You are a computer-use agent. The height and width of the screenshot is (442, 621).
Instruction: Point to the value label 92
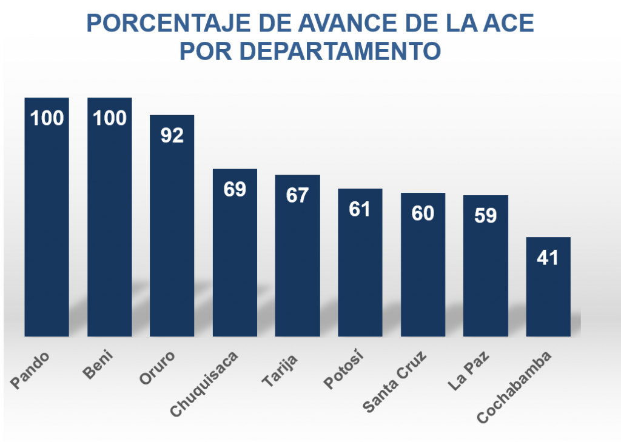pyautogui.click(x=172, y=135)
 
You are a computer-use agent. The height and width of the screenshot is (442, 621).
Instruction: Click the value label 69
pyautogui.click(x=235, y=189)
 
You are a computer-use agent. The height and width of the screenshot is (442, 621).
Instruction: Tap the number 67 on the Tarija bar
pyautogui.click(x=297, y=195)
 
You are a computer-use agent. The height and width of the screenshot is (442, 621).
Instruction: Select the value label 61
pyautogui.click(x=360, y=209)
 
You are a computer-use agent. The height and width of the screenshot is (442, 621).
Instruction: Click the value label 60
pyautogui.click(x=423, y=213)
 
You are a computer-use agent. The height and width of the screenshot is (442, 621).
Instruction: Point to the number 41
pyautogui.click(x=548, y=258)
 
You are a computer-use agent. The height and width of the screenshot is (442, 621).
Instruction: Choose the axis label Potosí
pyautogui.click(x=342, y=371)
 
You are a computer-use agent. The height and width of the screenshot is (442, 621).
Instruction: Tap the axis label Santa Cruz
pyautogui.click(x=395, y=381)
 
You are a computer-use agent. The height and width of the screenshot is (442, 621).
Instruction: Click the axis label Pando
pyautogui.click(x=30, y=369)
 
